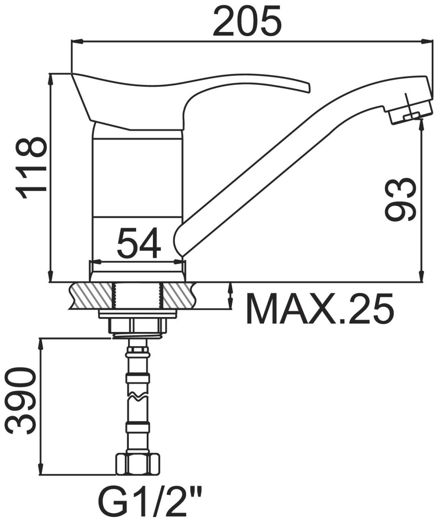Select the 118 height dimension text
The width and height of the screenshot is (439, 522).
coord(31,168)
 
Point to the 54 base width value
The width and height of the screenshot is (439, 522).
coord(139,242)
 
